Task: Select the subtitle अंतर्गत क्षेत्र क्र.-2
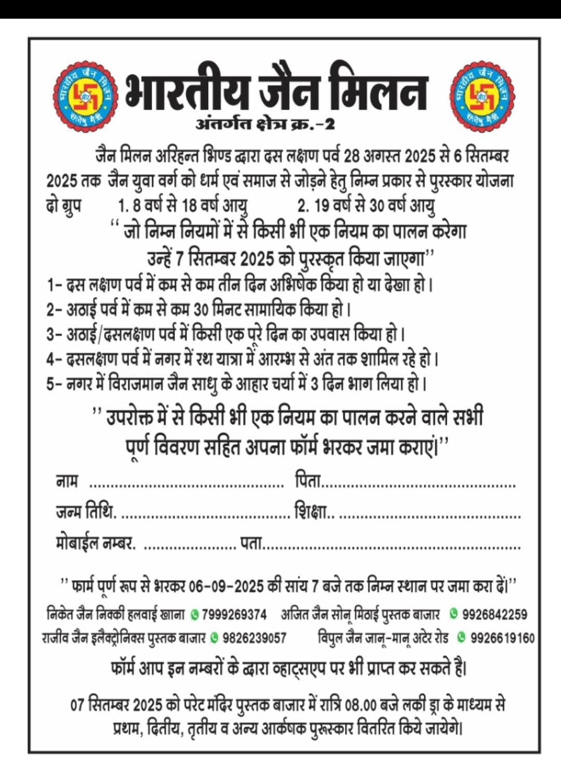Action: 265,125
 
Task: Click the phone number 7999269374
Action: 234,615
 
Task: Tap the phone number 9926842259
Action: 495,614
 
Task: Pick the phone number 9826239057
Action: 255,638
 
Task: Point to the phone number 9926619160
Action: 502,638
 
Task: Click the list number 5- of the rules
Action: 54,385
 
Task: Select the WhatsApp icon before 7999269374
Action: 195,615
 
